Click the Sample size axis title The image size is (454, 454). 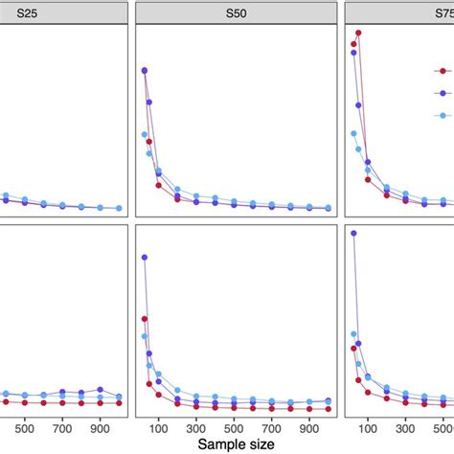tap(235, 444)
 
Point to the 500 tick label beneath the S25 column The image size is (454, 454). tap(25, 427)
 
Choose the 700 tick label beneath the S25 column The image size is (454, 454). tap(63, 427)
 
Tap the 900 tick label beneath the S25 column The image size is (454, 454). tap(101, 427)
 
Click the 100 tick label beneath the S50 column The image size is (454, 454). tap(159, 427)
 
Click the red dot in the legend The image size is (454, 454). tap(443, 71)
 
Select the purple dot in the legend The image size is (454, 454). tap(443, 93)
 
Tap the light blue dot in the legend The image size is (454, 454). tap(443, 115)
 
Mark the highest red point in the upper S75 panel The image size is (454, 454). tap(357, 34)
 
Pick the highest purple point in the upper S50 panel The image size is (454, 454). tap(144, 70)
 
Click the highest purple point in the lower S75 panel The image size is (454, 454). tap(353, 233)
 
